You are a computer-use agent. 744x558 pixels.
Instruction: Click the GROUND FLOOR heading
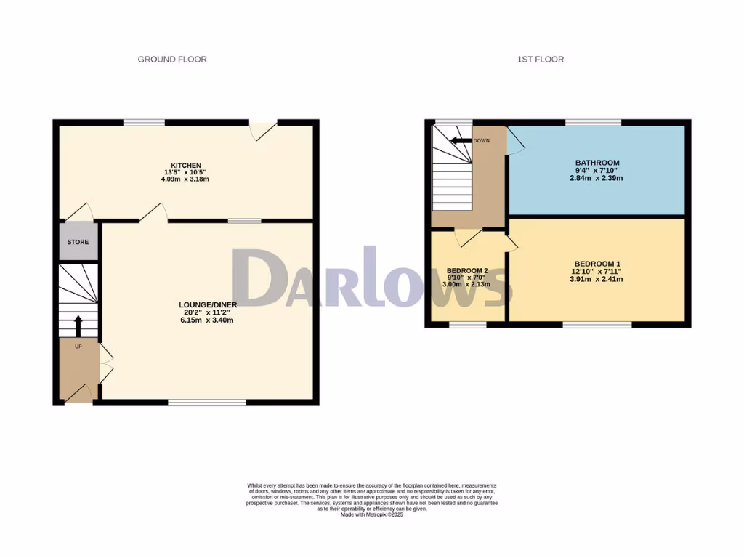click(172, 60)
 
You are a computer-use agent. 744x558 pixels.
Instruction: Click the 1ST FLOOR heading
click(540, 60)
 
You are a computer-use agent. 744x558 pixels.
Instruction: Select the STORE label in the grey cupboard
click(78, 241)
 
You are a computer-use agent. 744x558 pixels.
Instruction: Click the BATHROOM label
click(597, 163)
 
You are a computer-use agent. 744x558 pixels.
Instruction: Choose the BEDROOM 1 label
click(597, 264)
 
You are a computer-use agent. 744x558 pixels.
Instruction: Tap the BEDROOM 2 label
click(467, 270)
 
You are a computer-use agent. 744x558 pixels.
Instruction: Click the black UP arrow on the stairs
click(78, 325)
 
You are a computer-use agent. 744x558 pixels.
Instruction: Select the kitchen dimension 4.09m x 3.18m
click(185, 179)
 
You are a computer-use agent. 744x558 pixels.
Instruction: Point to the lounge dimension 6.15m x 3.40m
click(207, 320)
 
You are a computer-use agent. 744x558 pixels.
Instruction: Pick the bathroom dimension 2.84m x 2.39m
click(597, 178)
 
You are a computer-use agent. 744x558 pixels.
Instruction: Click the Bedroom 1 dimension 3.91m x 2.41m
click(597, 279)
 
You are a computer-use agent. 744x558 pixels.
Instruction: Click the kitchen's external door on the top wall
click(264, 129)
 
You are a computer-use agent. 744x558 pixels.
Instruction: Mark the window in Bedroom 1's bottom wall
click(597, 324)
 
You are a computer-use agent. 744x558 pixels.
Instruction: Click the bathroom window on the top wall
click(594, 122)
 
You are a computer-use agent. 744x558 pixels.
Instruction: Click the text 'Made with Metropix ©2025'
click(371, 514)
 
